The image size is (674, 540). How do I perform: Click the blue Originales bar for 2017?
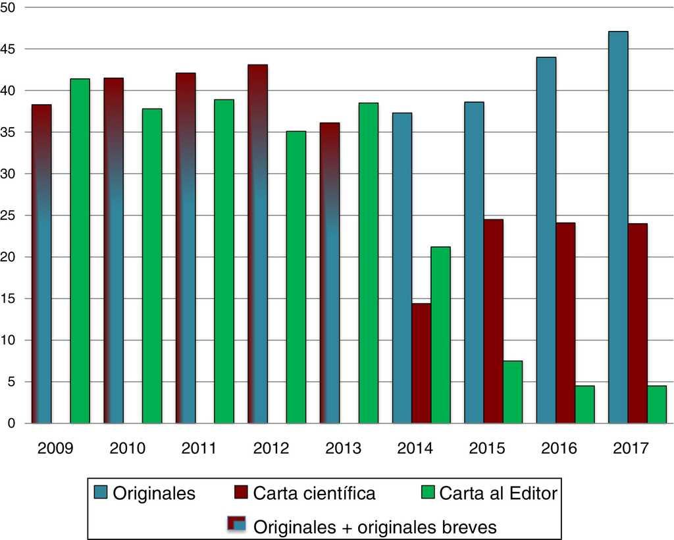(x=618, y=227)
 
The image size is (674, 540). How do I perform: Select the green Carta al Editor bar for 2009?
(x=80, y=251)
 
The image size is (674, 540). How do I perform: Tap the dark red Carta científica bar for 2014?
(x=421, y=363)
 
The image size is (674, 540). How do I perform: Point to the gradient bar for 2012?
(x=257, y=244)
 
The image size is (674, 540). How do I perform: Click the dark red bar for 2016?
(x=565, y=323)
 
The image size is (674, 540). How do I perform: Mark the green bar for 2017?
(x=656, y=404)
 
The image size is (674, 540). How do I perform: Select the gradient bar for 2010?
(x=113, y=250)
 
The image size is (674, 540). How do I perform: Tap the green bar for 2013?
(x=369, y=263)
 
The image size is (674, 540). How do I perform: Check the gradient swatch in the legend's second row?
(x=236, y=525)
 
